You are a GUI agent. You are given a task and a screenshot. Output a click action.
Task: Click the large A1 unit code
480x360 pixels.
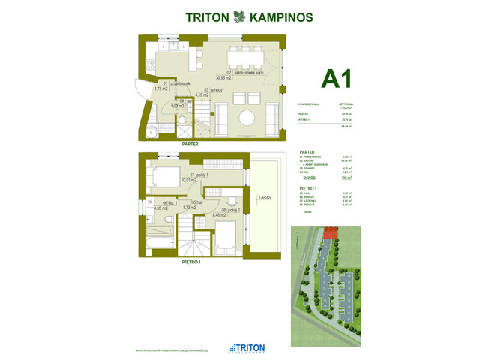pos(336,79)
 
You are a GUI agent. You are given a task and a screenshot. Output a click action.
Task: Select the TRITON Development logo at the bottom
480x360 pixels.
pos(239,347)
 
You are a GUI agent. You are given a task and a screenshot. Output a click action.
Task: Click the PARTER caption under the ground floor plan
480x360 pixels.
pos(189,144)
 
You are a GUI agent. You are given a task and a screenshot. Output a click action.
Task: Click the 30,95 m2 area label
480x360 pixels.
pos(223,78)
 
